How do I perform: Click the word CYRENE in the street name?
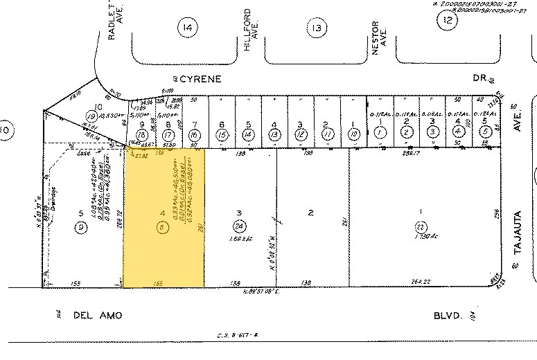(x=202, y=79)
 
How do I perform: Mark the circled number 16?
(x=195, y=134)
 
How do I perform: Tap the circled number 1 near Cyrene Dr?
(x=380, y=132)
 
